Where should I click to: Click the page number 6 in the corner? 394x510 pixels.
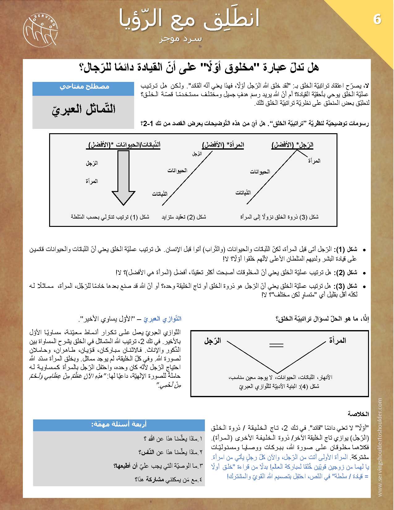(377, 19)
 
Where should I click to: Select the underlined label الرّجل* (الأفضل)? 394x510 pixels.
(292, 145)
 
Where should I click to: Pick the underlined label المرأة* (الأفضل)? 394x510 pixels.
(223, 145)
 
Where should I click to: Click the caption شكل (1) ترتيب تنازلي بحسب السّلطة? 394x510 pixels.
(110, 217)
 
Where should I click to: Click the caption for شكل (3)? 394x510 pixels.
(279, 217)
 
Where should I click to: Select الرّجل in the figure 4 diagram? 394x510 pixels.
(213, 341)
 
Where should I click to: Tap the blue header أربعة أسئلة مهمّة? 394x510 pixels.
(119, 425)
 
